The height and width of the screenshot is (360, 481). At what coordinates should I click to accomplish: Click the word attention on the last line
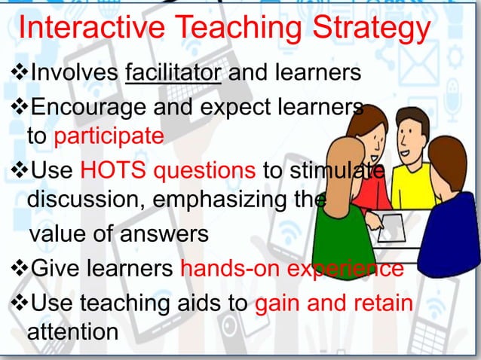72,331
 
